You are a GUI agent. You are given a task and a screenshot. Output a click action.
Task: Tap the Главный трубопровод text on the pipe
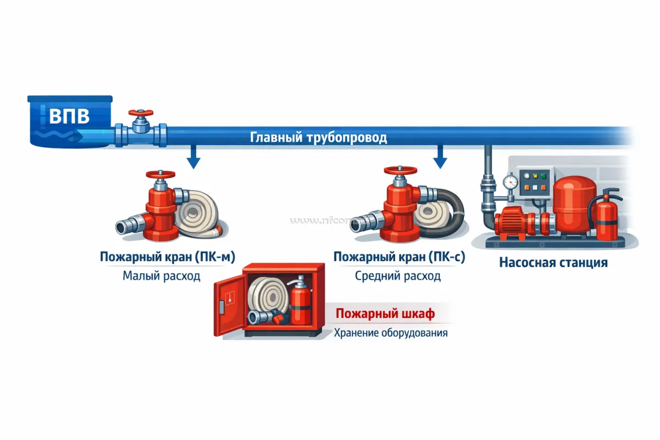(318, 137)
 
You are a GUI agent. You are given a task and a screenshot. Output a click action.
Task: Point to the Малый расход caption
(161, 276)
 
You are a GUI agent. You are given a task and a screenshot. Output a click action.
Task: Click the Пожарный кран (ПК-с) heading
(399, 257)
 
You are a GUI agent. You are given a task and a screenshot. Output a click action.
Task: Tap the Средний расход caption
(398, 276)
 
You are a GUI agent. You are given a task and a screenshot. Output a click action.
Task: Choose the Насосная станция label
(553, 262)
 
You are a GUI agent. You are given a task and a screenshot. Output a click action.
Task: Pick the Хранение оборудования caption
(391, 333)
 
